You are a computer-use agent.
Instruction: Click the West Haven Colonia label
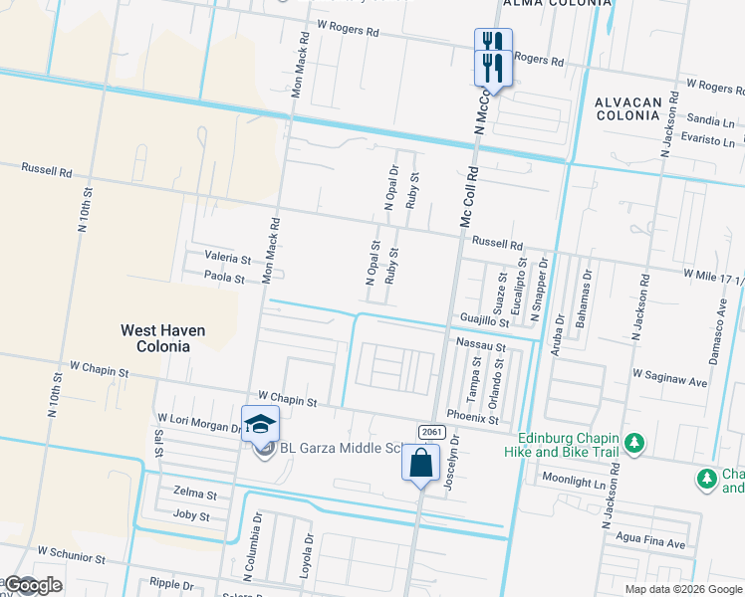155,338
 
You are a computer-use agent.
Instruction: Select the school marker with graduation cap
260,425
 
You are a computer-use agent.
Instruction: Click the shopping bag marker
420,463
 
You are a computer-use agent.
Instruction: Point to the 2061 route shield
431,432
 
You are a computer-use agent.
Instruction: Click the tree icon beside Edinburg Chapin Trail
633,441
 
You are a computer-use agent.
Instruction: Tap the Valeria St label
228,257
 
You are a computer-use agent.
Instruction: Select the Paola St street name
224,278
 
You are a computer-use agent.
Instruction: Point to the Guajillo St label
485,319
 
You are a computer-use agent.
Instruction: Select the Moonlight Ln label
573,481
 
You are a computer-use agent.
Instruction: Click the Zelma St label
194,495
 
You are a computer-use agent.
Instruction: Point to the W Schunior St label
71,550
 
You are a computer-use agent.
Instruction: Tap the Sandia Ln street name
710,120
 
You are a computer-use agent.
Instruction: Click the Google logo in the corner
33,585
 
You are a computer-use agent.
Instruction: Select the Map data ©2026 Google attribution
682,589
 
